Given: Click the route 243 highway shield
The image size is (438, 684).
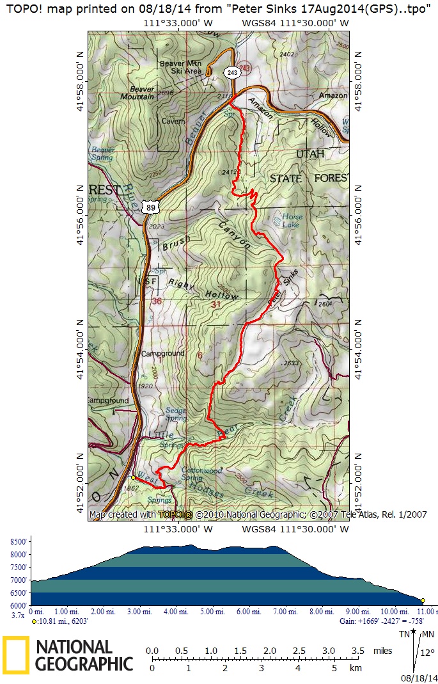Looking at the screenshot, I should [x=231, y=73].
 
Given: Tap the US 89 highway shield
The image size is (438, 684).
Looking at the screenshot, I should [x=150, y=207].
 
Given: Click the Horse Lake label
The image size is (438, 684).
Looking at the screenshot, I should [x=292, y=221].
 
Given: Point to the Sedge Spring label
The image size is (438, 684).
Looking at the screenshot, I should [x=176, y=414].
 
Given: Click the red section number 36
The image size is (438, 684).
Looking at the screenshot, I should [x=157, y=301].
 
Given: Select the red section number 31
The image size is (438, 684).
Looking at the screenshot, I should [x=215, y=305].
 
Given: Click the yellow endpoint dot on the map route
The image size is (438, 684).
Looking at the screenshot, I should [x=133, y=477].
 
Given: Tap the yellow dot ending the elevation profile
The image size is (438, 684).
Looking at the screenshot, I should [x=423, y=600].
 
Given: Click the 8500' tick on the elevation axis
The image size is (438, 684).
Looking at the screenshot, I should [x=19, y=542].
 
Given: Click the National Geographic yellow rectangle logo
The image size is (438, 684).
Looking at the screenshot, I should [x=16, y=655].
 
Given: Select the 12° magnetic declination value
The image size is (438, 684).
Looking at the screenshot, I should [x=427, y=653].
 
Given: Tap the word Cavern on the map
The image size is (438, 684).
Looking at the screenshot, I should [x=173, y=121].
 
